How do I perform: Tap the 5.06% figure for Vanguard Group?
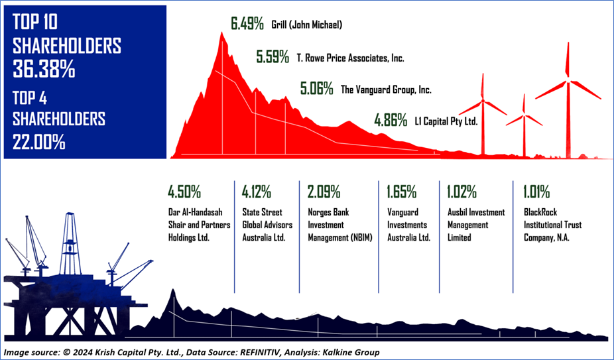[x=316, y=89]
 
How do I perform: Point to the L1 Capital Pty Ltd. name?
[x=446, y=122]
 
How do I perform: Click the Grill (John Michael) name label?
[x=306, y=25]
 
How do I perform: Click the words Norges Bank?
[x=328, y=213]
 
